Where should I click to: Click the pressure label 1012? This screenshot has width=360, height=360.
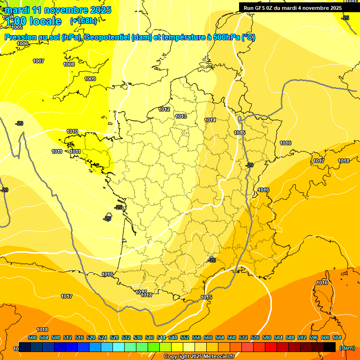(x=164, y=109)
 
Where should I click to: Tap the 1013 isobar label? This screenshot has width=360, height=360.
(x=181, y=116)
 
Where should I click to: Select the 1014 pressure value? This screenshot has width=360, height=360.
(x=210, y=120)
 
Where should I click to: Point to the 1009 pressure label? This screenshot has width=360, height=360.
(x=90, y=79)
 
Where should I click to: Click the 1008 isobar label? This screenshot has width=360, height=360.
(x=69, y=64)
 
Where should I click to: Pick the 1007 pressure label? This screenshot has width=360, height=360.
(x=38, y=61)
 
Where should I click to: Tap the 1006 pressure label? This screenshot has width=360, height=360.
(x=22, y=44)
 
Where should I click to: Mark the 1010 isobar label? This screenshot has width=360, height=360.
(x=72, y=131)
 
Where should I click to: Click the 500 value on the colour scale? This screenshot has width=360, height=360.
(x=32, y=337)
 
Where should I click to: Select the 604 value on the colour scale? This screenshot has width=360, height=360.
(x=337, y=337)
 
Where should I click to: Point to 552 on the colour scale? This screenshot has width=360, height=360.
(x=185, y=337)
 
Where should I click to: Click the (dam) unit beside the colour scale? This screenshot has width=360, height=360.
(x=347, y=347)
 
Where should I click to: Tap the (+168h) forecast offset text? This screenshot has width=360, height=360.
(x=83, y=21)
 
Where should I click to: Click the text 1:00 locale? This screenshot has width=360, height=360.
(x=34, y=21)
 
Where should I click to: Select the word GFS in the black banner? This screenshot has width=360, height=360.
(x=262, y=8)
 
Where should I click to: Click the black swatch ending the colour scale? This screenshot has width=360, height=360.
(x=330, y=347)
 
